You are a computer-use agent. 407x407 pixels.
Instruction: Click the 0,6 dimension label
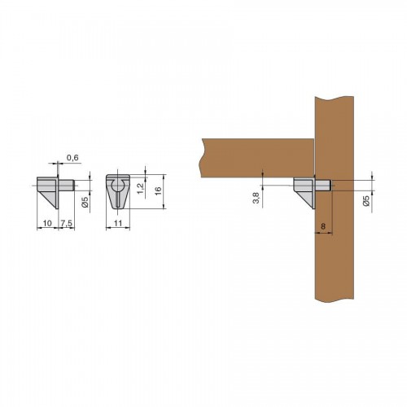(72, 158)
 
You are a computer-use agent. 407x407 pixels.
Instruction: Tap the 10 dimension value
(47, 223)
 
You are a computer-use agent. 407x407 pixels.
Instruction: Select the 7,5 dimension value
(67, 223)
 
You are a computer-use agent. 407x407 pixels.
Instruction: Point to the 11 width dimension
(118, 223)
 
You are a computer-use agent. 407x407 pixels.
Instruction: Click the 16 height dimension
(158, 190)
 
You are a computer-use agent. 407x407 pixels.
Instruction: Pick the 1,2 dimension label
(140, 189)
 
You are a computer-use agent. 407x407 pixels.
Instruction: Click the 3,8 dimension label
(256, 197)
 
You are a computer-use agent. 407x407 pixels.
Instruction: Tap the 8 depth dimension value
(323, 226)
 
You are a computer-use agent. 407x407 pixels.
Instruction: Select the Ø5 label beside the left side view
(85, 202)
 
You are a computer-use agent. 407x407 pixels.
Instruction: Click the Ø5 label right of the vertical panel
(365, 200)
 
